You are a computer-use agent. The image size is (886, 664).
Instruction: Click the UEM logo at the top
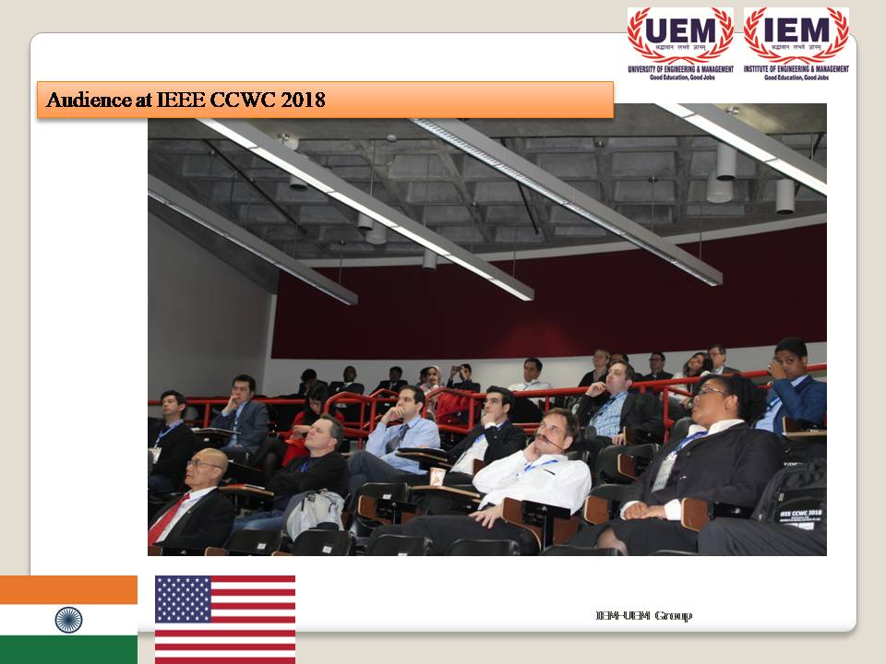[x=680, y=36]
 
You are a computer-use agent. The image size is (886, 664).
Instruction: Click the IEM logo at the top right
[x=796, y=36]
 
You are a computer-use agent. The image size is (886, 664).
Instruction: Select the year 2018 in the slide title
[x=304, y=100]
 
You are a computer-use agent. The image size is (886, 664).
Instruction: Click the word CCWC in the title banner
[x=247, y=100]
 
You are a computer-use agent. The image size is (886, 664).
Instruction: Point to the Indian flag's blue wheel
[x=68, y=619]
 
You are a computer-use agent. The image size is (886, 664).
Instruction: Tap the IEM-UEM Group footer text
[x=643, y=615]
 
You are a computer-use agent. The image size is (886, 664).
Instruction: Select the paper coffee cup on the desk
[x=437, y=476]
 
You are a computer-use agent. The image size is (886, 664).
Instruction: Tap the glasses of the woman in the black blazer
[x=709, y=395]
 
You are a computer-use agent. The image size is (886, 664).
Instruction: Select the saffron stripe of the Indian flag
[x=68, y=589]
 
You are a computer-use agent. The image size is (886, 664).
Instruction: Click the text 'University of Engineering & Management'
[x=680, y=69]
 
